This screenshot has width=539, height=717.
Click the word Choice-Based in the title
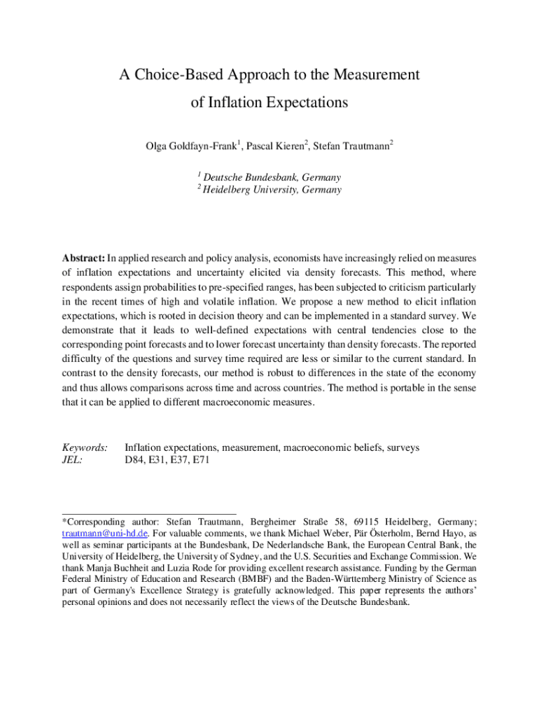(x=165, y=75)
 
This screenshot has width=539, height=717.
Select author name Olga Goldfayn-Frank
(x=190, y=146)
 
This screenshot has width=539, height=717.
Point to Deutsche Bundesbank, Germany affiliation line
(x=272, y=178)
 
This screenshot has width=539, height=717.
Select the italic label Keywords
(x=85, y=447)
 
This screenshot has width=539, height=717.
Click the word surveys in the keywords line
(x=403, y=447)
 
